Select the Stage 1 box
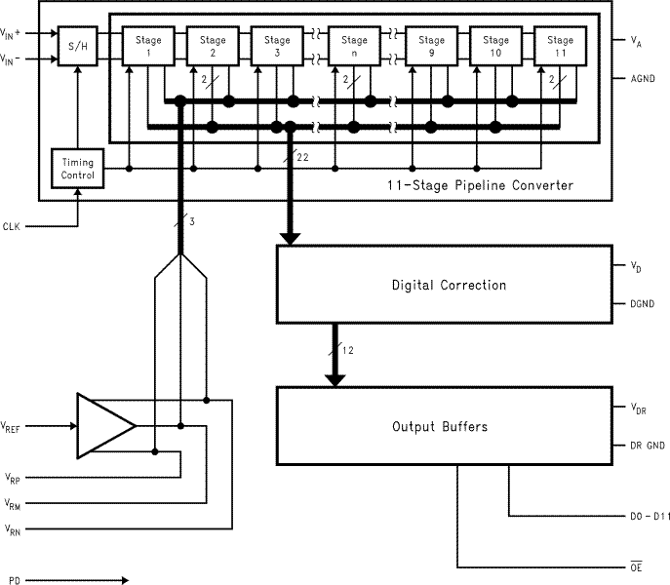[x=147, y=47]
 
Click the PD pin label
[x=9, y=580]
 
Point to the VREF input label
[x=14, y=425]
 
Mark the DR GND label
[x=641, y=446]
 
